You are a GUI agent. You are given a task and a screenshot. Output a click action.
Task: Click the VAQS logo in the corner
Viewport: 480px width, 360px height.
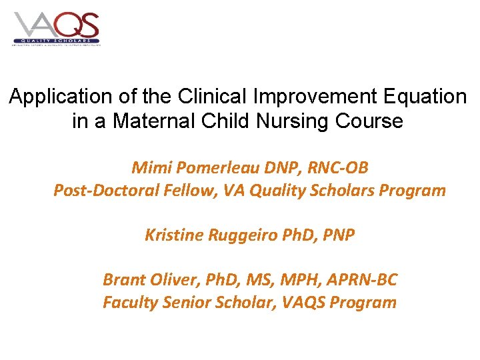pos(56,28)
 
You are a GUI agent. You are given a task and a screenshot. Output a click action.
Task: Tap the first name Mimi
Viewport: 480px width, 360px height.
pos(149,167)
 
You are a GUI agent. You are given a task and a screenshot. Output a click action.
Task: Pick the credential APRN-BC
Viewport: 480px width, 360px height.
pos(364,280)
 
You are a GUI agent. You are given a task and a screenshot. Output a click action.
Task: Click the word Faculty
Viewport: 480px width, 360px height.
pos(128,303)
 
